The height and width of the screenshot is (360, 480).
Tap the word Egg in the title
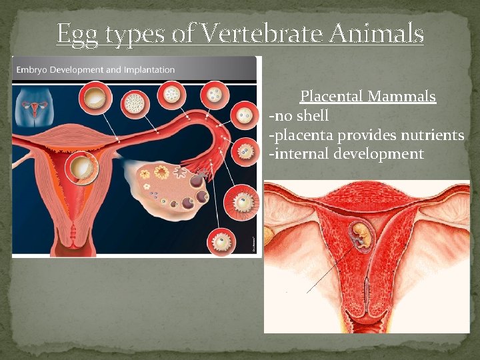[75, 34]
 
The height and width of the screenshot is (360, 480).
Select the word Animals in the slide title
[382, 33]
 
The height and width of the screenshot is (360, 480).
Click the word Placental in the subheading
[329, 97]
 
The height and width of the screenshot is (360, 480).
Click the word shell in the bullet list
[312, 116]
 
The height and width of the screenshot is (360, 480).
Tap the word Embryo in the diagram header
[34, 69]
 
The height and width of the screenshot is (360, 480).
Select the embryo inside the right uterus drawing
[361, 237]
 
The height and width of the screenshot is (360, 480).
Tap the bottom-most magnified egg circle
[221, 241]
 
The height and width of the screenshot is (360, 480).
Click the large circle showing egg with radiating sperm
[242, 200]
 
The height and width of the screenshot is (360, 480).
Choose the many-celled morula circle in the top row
[136, 102]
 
